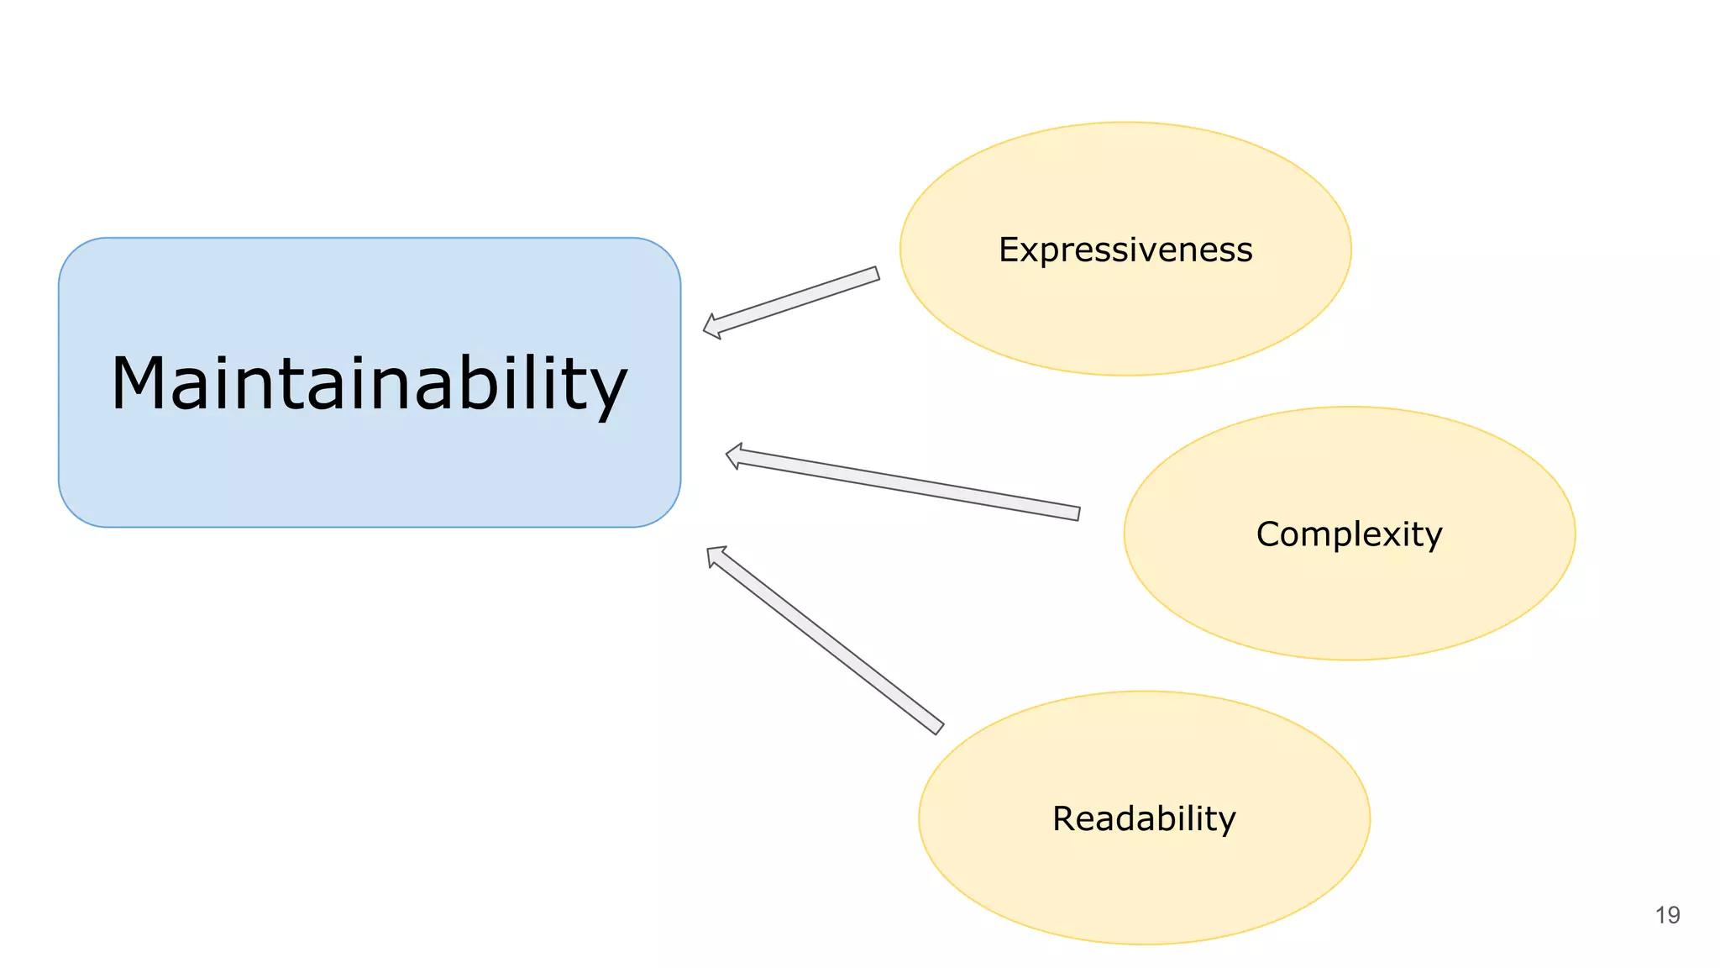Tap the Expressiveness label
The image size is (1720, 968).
pos(1125,250)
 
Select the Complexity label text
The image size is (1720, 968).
pos(1349,534)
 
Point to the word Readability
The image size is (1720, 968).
pos(1144,818)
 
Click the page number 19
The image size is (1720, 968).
pos(1667,915)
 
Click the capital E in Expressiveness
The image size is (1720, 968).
pos(1009,250)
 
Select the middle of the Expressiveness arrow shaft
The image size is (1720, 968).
pos(794,301)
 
